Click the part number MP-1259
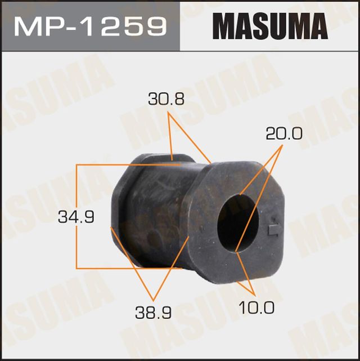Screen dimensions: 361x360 pyautogui.click(x=90, y=26)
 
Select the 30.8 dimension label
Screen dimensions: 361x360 pyautogui.click(x=166, y=100)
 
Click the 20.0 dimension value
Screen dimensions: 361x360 pyautogui.click(x=285, y=133)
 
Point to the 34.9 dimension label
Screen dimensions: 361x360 pyautogui.click(x=75, y=216)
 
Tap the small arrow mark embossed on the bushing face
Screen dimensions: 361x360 pyautogui.click(x=274, y=229)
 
